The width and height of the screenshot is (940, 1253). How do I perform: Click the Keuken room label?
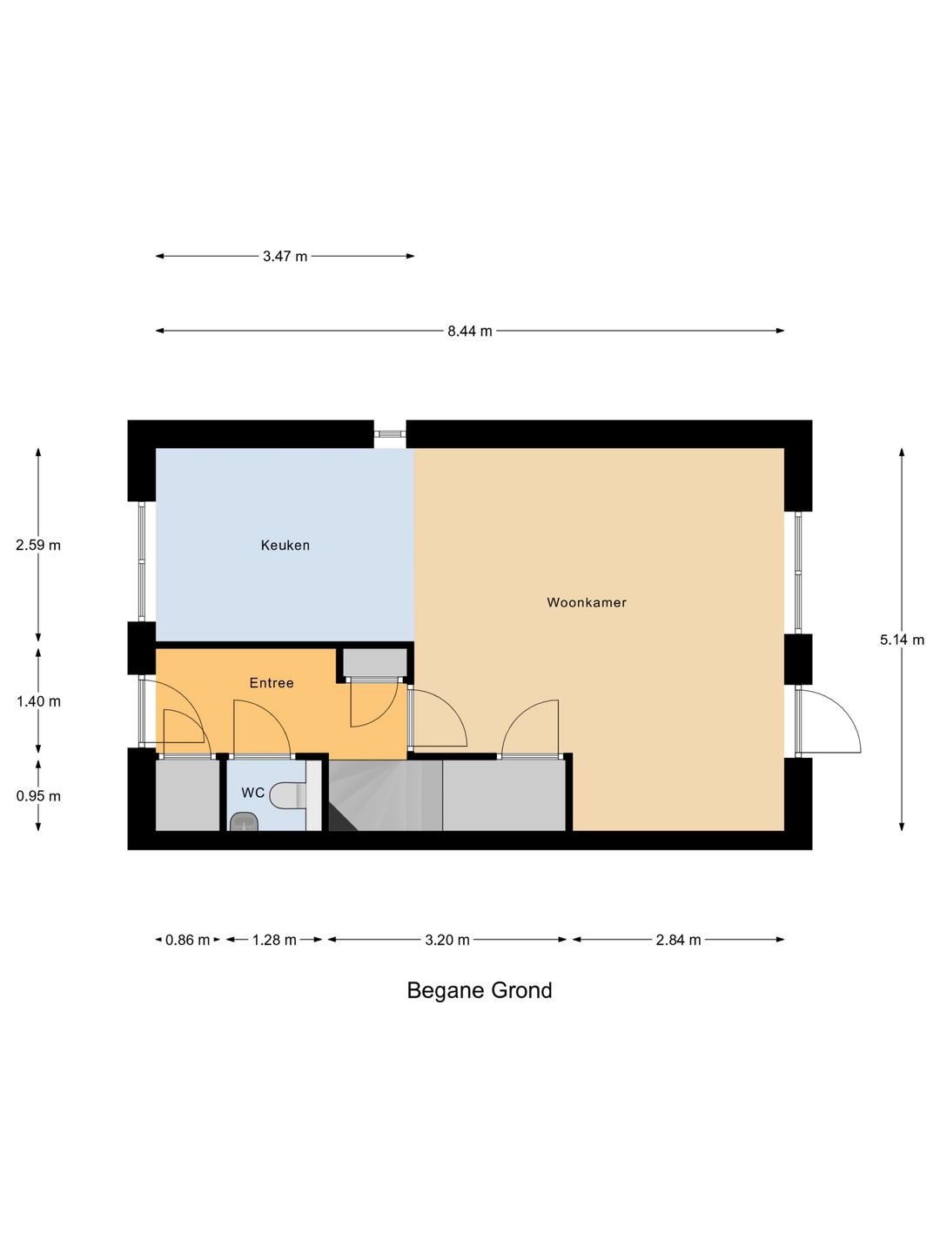(285, 546)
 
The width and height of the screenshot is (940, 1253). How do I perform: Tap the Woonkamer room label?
(587, 602)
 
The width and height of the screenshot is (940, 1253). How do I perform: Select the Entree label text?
(272, 683)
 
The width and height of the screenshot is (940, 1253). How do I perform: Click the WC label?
(252, 793)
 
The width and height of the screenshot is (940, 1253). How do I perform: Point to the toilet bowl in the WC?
(287, 796)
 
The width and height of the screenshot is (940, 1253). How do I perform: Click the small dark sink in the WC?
(245, 821)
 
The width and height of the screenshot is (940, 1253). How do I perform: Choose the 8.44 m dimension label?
(470, 332)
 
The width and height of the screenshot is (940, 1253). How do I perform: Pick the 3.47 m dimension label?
(285, 257)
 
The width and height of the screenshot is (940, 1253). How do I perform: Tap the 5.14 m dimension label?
(902, 640)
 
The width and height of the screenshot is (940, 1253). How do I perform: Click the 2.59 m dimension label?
(38, 546)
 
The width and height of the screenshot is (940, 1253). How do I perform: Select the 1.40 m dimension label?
(38, 701)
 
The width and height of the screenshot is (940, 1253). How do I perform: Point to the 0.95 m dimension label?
(38, 796)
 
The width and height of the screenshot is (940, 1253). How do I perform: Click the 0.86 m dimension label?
(188, 940)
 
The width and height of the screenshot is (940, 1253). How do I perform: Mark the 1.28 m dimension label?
(274, 940)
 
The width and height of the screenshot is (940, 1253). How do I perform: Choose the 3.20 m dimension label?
(446, 940)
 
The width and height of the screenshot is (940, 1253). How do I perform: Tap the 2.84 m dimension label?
(678, 940)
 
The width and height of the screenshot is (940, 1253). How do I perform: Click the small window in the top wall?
(390, 433)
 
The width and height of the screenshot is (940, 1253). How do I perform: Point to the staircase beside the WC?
(386, 795)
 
